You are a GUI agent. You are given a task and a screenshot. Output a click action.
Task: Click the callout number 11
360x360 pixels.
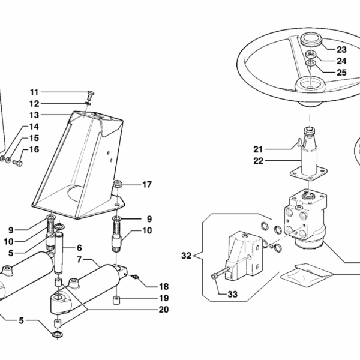[34, 92]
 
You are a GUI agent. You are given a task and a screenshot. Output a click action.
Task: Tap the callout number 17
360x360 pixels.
[147, 184]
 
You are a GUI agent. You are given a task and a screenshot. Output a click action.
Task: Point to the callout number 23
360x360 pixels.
[341, 50]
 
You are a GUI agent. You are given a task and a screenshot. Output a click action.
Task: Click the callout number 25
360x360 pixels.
[341, 72]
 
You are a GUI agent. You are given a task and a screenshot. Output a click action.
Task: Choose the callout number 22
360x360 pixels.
[258, 160]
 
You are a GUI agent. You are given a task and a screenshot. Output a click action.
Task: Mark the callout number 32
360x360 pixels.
[187, 256]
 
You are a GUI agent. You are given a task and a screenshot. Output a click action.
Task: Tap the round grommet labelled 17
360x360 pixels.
[118, 183]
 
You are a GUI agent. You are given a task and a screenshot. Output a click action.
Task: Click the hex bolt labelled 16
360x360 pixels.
[17, 163]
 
